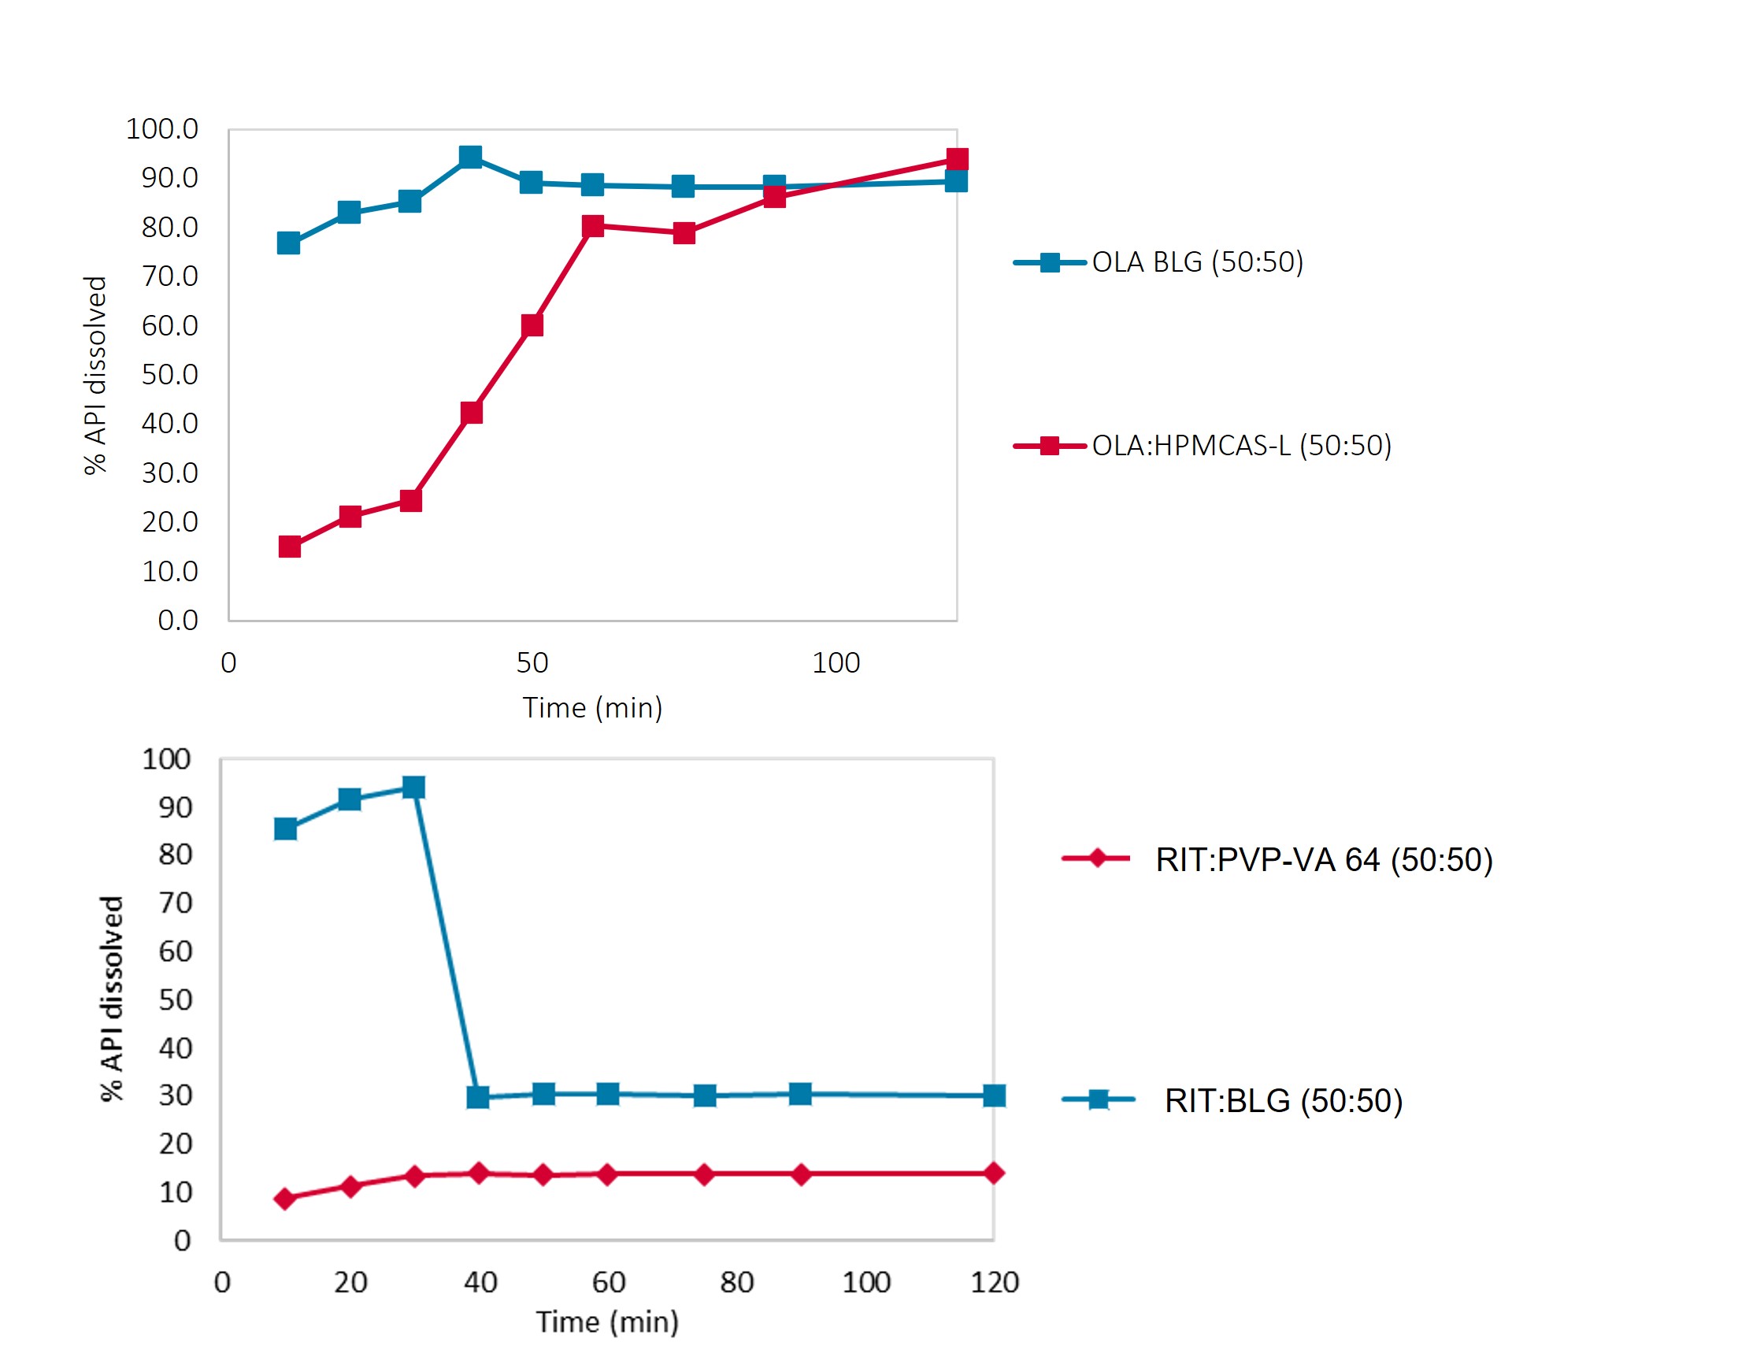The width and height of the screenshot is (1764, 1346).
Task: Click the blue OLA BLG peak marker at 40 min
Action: [x=471, y=157]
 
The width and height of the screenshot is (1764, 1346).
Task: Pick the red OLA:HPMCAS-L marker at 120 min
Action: [x=957, y=159]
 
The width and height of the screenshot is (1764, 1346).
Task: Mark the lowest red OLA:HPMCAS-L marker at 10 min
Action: [x=289, y=547]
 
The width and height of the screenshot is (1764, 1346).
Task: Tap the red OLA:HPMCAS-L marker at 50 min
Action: [x=532, y=325]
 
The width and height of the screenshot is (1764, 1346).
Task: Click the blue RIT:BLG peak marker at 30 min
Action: [x=413, y=788]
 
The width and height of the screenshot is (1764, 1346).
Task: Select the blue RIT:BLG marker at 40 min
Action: [x=478, y=1097]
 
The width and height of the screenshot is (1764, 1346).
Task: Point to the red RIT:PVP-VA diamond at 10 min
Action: [x=284, y=1199]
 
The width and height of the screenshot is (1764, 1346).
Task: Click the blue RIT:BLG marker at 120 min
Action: [x=994, y=1096]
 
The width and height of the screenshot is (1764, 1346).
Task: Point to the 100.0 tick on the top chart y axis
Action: [x=161, y=129]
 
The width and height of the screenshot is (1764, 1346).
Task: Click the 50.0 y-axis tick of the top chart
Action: [x=170, y=375]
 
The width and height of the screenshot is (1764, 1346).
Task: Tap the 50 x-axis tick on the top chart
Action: [x=532, y=663]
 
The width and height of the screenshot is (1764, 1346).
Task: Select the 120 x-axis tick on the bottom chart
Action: [x=994, y=1283]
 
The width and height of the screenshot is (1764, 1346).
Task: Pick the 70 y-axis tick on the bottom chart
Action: [x=176, y=903]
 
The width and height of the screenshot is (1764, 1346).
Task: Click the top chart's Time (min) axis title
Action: [x=592, y=708]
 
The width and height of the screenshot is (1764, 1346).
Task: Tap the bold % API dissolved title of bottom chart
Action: [x=112, y=999]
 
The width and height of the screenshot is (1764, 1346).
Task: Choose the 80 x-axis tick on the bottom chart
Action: [x=737, y=1283]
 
